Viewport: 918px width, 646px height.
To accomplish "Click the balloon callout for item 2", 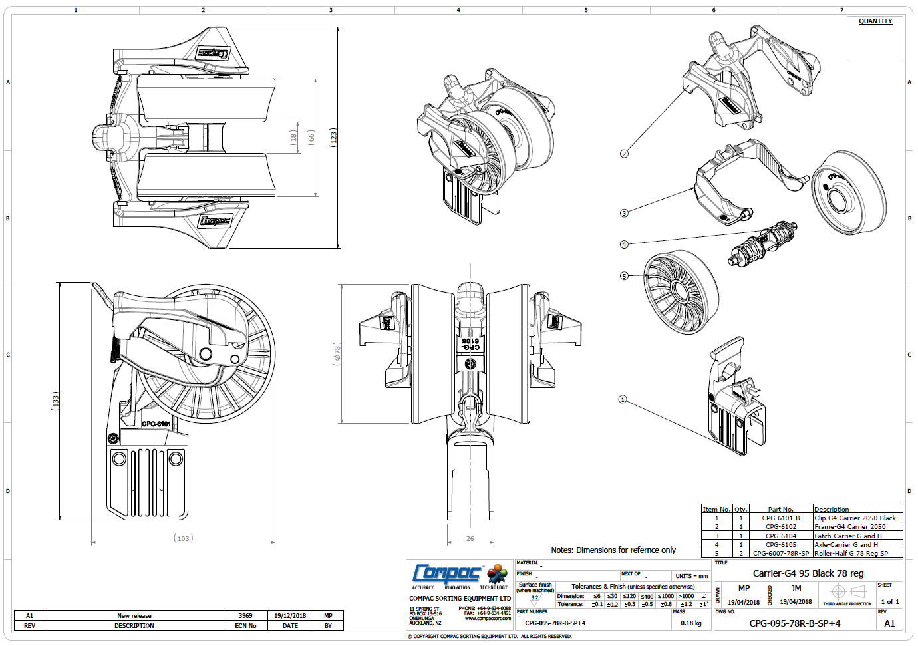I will click(x=624, y=154).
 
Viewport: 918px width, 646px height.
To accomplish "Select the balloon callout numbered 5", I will click(x=624, y=276).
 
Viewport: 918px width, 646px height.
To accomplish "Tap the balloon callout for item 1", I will click(x=623, y=399).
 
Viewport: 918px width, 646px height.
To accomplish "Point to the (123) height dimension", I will click(x=334, y=138).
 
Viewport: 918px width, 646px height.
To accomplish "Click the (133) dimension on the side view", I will click(x=56, y=400).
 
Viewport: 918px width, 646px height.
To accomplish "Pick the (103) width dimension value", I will click(x=184, y=538).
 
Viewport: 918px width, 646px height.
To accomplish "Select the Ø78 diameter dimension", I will click(x=337, y=353).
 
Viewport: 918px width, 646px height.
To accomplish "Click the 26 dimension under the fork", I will click(x=470, y=539).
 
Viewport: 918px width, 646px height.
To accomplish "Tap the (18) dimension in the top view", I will click(x=293, y=138).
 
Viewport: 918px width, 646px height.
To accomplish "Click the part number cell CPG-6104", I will click(x=780, y=536).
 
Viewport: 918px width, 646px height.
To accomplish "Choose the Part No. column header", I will click(x=780, y=509).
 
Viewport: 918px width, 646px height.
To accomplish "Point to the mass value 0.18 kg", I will click(x=691, y=623).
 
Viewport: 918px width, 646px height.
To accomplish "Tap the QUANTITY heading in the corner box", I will click(x=875, y=21).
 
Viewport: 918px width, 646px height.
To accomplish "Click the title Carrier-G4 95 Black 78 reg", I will click(x=808, y=573).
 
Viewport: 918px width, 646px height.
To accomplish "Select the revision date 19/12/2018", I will click(x=290, y=615).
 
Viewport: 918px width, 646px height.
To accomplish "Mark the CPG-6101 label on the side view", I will click(x=156, y=424).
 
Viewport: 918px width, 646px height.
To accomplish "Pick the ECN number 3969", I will click(x=245, y=615).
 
